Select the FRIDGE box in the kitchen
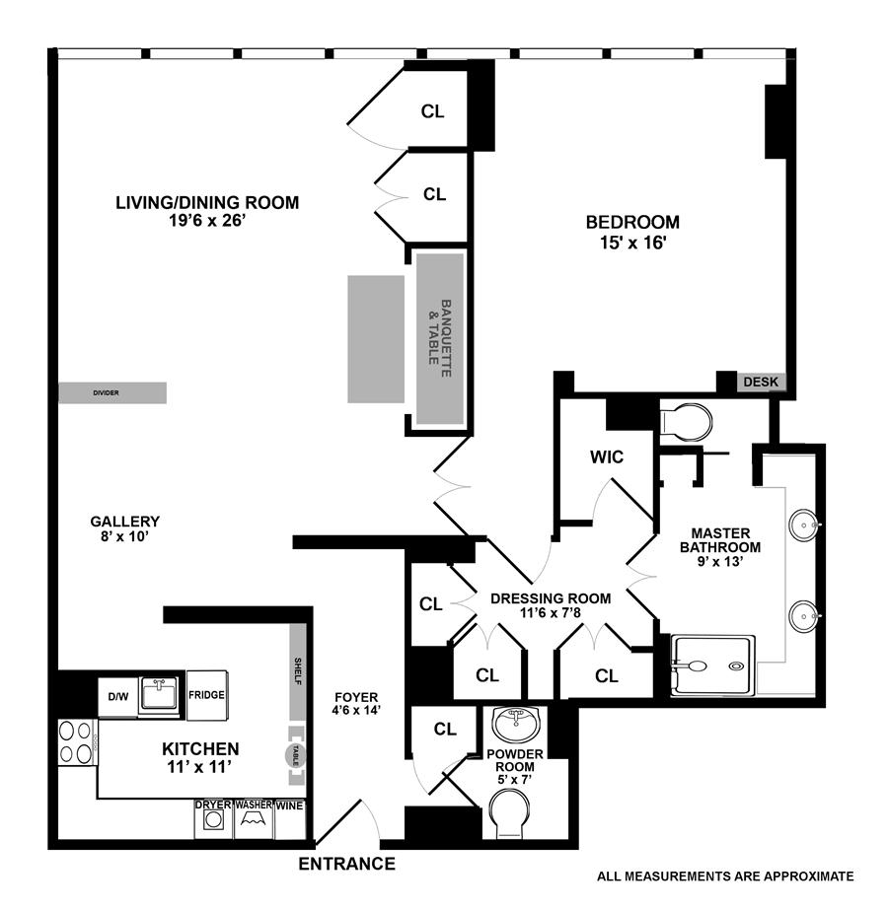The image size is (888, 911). click(207, 695)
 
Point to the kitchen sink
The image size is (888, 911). click(158, 694)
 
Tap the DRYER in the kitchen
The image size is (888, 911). click(213, 819)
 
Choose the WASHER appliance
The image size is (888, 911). click(253, 819)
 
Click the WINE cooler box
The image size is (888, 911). click(290, 806)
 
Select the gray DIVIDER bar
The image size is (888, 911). click(111, 392)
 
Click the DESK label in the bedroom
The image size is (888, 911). click(761, 382)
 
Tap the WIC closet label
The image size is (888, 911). click(606, 457)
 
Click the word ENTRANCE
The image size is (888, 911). click(346, 865)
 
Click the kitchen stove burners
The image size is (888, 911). click(76, 742)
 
